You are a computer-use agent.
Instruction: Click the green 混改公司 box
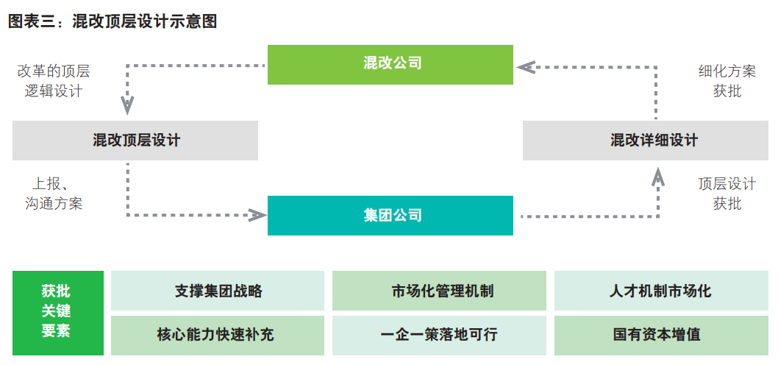390,64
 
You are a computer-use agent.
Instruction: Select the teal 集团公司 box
390,216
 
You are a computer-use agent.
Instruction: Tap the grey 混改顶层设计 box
135,141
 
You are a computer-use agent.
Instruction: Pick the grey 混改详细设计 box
650,141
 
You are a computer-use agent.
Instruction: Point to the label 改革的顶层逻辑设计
54,81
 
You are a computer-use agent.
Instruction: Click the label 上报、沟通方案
54,194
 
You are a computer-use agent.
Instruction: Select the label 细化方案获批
727,81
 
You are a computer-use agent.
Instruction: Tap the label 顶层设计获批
727,194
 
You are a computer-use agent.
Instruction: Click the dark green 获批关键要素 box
57,313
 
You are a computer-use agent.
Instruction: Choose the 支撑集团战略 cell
218,291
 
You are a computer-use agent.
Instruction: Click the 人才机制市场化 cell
660,291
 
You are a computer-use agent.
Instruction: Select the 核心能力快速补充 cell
218,334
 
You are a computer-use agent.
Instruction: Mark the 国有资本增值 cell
660,334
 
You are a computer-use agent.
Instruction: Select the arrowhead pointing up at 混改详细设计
658,175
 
